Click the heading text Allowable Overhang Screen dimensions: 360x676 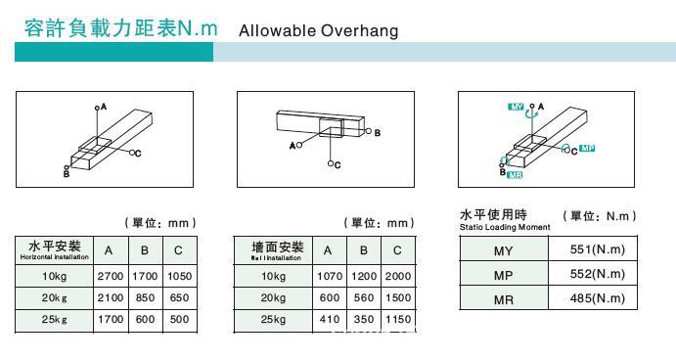318,30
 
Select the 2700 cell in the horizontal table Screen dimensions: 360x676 110,276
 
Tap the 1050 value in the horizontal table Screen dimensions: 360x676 179,276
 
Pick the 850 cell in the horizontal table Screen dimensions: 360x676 144,297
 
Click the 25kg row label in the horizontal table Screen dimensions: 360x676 54,319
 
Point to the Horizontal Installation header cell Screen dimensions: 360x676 55,250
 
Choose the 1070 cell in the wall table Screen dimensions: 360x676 330,276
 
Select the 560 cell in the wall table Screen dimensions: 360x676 363,297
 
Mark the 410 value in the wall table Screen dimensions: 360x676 330,319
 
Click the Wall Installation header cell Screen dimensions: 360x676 274,250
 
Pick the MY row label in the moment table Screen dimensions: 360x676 503,249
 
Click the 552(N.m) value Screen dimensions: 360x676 597,274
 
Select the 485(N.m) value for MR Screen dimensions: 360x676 597,299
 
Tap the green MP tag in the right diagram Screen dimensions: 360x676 587,149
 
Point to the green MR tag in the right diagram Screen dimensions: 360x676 515,174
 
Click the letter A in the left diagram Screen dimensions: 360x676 103,105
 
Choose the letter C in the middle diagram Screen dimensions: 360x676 338,164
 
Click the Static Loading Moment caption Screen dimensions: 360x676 505,227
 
